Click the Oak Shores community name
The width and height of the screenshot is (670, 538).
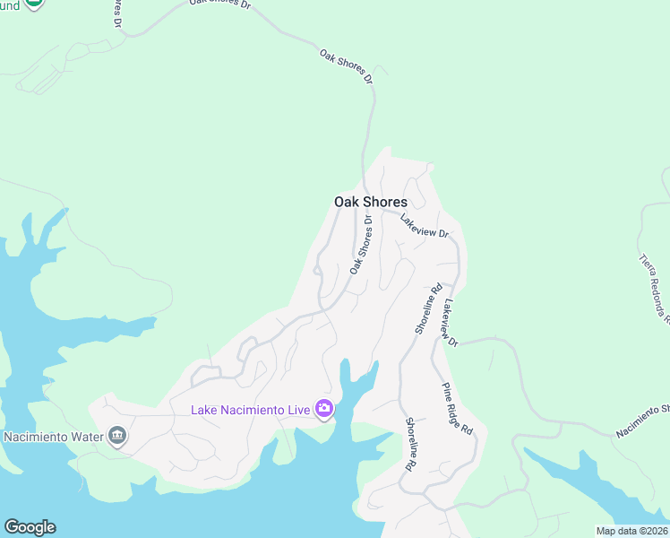pyautogui.click(x=370, y=202)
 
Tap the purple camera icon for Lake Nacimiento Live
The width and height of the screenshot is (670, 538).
pyautogui.click(x=323, y=410)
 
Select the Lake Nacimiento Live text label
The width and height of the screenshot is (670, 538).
pyautogui.click(x=250, y=410)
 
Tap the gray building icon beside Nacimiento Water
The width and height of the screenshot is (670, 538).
pyautogui.click(x=117, y=437)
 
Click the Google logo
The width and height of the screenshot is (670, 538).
pyautogui.click(x=30, y=527)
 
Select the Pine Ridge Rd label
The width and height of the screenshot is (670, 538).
pyautogui.click(x=456, y=408)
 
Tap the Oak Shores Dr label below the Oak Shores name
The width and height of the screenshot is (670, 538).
pyautogui.click(x=361, y=245)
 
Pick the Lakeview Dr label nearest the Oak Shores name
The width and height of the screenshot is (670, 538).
pyautogui.click(x=424, y=225)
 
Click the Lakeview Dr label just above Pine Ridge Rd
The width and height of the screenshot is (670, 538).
pyautogui.click(x=450, y=324)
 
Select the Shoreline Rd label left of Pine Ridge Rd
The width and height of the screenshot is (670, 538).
pyautogui.click(x=408, y=446)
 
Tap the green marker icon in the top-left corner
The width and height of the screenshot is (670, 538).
pyautogui.click(x=33, y=3)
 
